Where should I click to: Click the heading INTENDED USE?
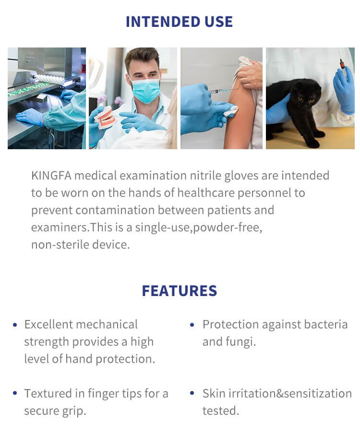179,22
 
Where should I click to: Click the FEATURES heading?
179,291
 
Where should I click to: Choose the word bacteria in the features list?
326,324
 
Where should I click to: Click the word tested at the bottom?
220,411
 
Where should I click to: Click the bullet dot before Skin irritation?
192,393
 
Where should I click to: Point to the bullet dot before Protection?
192,325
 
